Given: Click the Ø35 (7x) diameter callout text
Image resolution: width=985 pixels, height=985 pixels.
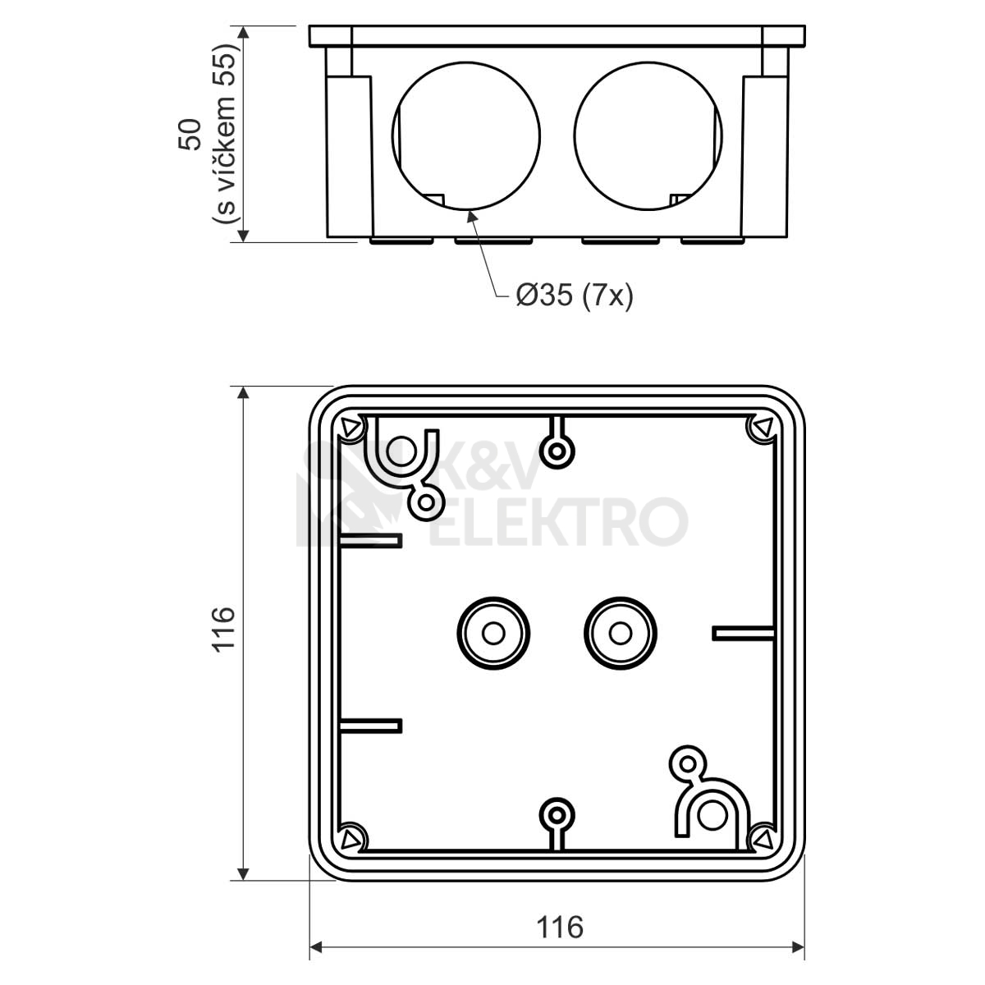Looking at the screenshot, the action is coord(574,295).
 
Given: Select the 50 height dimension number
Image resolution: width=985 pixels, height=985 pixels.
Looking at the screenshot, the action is coord(190,135).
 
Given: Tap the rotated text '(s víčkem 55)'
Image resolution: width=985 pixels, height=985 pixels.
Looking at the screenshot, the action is coord(226,134).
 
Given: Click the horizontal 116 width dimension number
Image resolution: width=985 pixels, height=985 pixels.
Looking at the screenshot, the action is coord(560,927).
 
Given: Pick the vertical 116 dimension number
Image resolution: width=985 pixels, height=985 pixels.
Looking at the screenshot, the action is coord(223,629).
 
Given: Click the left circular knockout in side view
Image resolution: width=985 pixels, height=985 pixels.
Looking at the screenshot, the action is coord(466,136).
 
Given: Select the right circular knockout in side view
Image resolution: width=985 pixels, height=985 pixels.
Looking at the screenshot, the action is coord(648,136).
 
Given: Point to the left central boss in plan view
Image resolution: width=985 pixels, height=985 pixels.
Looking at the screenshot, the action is coord(493,634).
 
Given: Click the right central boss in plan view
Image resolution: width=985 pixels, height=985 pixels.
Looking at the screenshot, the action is coord(621,634).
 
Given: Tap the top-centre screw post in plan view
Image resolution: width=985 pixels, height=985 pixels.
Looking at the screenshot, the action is coord(557,451).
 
